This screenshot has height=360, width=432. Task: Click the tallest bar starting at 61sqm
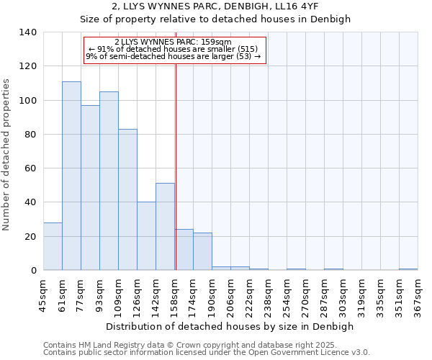71,176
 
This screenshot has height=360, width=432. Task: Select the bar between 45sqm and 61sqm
53,246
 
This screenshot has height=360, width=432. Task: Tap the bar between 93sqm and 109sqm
109,181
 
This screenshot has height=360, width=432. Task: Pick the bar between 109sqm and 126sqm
127,199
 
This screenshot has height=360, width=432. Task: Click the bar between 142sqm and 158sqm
165,227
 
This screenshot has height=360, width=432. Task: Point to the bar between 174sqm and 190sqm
202,251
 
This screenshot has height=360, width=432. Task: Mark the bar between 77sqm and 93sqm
90,188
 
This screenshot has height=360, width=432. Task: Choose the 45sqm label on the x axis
43,295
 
